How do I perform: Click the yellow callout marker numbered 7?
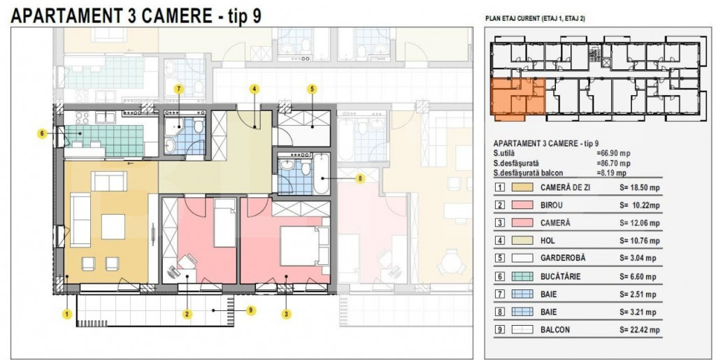[x=179, y=89]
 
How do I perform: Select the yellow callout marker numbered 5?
[x=312, y=89]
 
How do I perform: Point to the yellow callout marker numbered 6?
[x=43, y=133]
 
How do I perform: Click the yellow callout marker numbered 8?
[x=359, y=178]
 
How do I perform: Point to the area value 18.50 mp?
[x=640, y=187]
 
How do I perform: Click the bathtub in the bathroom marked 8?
[x=320, y=175]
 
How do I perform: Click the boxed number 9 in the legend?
[x=500, y=330]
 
